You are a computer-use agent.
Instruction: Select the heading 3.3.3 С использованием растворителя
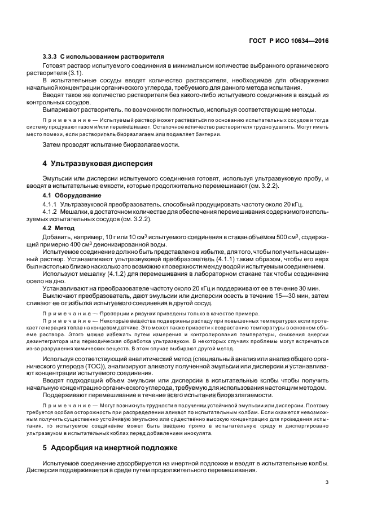point(103,57)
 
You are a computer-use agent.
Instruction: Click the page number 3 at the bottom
point(327,481)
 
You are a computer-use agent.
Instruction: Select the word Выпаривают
point(62,109)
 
